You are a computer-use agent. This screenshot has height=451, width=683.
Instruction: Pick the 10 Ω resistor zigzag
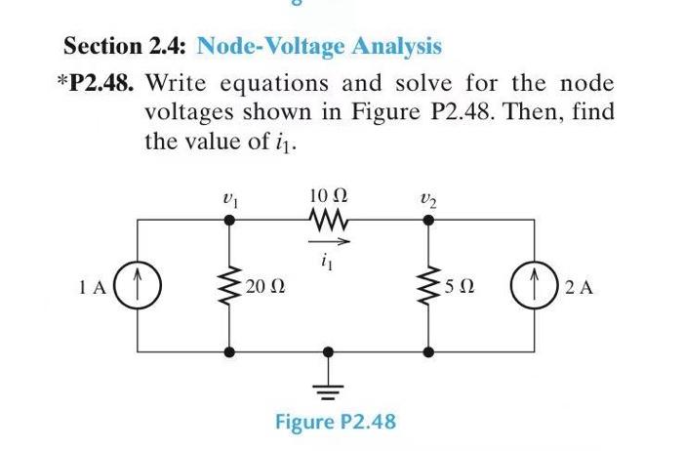click(x=327, y=220)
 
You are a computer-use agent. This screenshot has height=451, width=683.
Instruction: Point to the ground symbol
click(x=327, y=383)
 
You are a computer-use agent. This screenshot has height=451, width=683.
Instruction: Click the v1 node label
click(x=230, y=193)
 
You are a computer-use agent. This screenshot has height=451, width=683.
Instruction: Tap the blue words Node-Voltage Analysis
click(x=319, y=46)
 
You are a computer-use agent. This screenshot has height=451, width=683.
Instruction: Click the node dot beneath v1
click(x=229, y=221)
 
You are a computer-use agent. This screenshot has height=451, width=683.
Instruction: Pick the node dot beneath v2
click(x=426, y=221)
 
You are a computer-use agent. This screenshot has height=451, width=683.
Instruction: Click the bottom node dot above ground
click(x=327, y=350)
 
